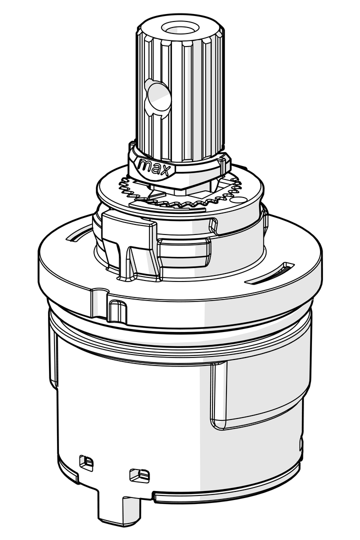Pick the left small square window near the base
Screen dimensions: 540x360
(86, 463)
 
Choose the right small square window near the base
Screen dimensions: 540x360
(139, 475)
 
